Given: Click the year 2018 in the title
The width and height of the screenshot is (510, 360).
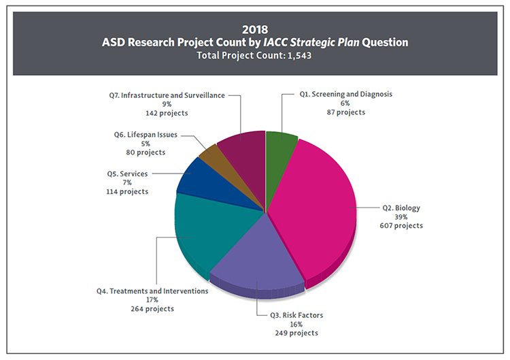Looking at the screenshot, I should click(x=255, y=29).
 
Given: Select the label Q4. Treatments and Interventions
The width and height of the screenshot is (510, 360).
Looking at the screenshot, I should click(x=152, y=291).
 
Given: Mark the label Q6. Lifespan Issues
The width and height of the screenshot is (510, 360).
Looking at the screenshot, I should click(x=146, y=135).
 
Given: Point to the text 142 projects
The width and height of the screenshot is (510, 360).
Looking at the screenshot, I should click(x=167, y=113).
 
